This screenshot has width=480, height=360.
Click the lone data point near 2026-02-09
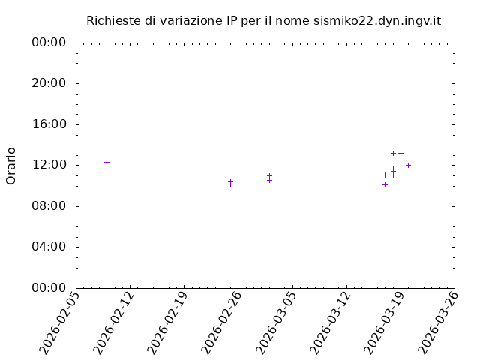click(x=106, y=162)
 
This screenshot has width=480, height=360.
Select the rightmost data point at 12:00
click(x=408, y=165)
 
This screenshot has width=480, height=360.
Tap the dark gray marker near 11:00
click(x=385, y=175)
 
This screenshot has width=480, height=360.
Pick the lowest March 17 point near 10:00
click(x=385, y=184)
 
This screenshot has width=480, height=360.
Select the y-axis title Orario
click(x=11, y=166)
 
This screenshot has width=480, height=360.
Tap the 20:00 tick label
click(x=50, y=83)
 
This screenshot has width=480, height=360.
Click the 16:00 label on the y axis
click(x=50, y=124)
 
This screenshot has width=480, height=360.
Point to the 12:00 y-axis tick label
click(x=50, y=165)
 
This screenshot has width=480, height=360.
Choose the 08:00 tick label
click(x=50, y=205)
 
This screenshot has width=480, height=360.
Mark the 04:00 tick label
click(x=50, y=247)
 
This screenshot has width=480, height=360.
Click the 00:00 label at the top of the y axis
click(x=50, y=43)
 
